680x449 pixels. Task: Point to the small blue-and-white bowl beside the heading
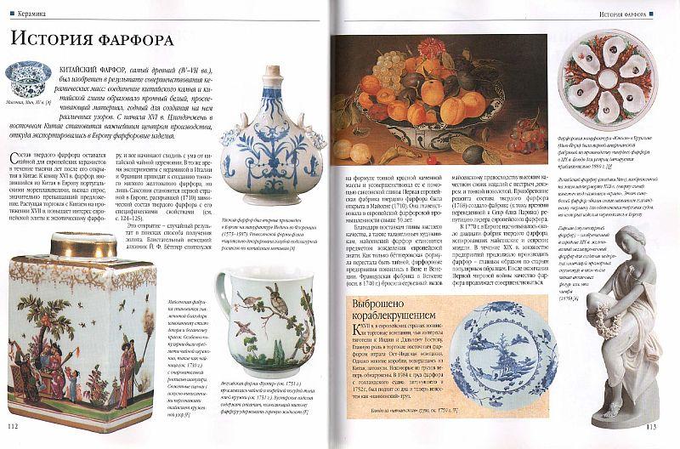(x=24, y=84)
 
